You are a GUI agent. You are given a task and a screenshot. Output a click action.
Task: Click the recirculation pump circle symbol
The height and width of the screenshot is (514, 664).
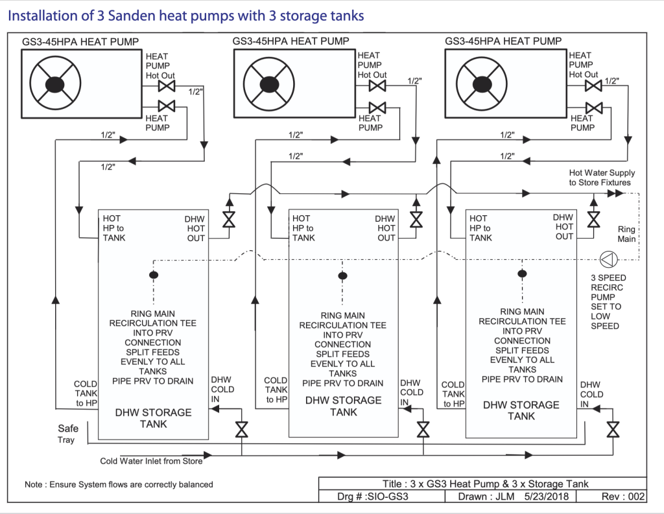pos(608,259)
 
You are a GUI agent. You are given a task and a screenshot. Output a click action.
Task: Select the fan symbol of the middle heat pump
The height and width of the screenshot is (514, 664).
pos(269,85)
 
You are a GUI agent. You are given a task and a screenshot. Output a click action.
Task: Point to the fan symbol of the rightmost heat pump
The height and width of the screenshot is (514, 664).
pos(482,84)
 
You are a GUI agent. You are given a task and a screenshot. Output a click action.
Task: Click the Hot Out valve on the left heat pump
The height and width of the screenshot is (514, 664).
pos(167,86)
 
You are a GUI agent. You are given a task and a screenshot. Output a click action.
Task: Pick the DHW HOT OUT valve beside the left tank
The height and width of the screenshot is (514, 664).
pos(229,220)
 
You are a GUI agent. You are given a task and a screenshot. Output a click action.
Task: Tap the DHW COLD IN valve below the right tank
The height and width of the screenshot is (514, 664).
pos(613,429)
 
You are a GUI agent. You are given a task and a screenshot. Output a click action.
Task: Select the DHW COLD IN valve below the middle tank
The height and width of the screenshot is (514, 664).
pos(423,429)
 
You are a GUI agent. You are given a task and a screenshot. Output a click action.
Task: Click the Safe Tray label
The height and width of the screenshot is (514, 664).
pos(67,434)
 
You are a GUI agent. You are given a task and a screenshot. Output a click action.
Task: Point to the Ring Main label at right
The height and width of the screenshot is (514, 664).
pos(626,234)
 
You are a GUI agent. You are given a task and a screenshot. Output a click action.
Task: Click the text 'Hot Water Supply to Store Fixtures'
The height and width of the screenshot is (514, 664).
pos(602,178)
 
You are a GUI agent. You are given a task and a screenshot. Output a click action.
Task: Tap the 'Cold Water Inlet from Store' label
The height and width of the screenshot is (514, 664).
pos(151,461)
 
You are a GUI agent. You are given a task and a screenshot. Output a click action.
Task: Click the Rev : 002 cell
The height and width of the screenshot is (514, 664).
pos(623,496)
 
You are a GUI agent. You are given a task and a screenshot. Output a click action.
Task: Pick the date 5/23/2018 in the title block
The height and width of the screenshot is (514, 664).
pos(546,496)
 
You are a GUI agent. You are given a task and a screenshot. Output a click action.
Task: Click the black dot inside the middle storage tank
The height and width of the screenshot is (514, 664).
pos(342,276)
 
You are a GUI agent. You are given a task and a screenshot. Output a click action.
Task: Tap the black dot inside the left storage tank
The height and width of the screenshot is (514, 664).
pos(154,275)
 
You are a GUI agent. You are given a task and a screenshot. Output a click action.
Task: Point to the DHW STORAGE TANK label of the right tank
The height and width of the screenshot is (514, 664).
pos(521,410)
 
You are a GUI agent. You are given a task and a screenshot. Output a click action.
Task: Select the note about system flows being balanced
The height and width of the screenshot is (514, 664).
pos(119,484)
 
